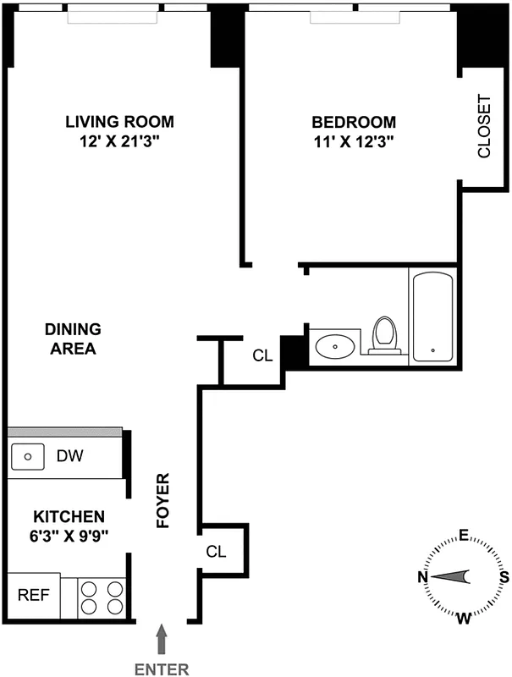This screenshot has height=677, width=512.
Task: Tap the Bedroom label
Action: point(352,121)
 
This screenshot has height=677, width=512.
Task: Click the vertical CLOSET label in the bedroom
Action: point(484,127)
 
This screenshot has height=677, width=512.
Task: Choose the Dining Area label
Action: point(73,338)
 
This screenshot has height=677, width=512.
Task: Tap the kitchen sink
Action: point(29,457)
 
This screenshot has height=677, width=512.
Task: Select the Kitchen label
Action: point(69,516)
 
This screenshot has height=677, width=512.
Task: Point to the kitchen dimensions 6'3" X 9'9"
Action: point(69,535)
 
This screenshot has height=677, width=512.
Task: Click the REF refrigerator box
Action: point(34,595)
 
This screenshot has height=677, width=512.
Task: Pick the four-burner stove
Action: point(102,597)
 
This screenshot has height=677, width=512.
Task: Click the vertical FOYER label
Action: point(165,501)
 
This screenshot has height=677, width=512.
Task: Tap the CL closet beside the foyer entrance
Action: point(217,552)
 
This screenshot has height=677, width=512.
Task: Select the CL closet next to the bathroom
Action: point(263,355)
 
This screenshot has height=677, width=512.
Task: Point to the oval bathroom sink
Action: point(335,345)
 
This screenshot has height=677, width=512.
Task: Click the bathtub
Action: point(433,317)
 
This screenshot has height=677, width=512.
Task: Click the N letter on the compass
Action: point(422,577)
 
